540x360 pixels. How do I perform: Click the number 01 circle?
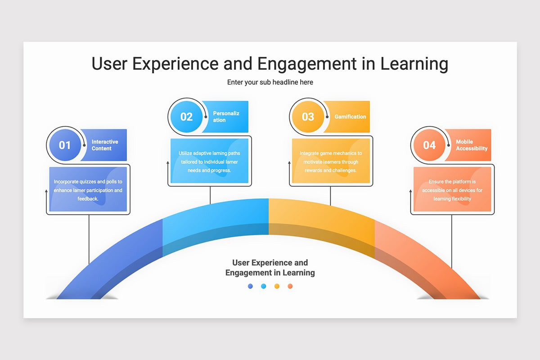pyautogui.click(x=65, y=145)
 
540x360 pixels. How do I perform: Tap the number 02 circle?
pyautogui.click(x=186, y=117)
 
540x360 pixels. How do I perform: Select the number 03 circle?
pyautogui.click(x=308, y=117)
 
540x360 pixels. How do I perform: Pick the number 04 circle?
pyautogui.click(x=429, y=145)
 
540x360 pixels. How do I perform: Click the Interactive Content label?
pyautogui.click(x=105, y=145)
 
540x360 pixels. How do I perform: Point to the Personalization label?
pyautogui.click(x=226, y=117)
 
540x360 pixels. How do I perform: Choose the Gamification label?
pyautogui.click(x=350, y=117)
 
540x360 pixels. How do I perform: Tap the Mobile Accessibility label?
pyautogui.click(x=471, y=145)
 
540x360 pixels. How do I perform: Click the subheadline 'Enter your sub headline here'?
pyautogui.click(x=270, y=82)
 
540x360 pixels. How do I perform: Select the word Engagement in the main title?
pyautogui.click(x=308, y=63)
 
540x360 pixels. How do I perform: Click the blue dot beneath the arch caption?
pyautogui.click(x=264, y=286)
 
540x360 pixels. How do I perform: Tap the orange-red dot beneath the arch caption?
pyautogui.click(x=290, y=286)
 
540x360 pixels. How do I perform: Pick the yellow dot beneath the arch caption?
pyautogui.click(x=277, y=286)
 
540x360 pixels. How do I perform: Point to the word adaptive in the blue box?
pyautogui.click(x=203, y=153)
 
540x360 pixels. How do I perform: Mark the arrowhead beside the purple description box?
pyautogui.click(x=46, y=191)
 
